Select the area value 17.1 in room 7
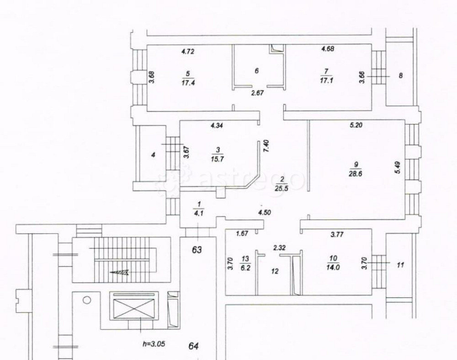(326, 83)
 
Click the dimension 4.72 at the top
(188, 51)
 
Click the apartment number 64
(194, 346)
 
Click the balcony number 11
(400, 264)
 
